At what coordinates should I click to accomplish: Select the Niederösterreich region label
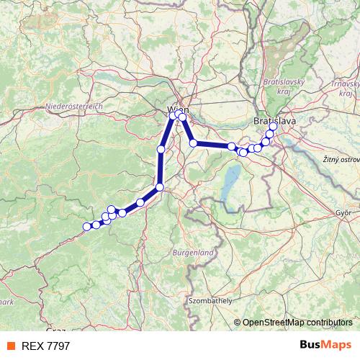(75, 106)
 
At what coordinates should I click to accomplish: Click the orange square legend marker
(12, 346)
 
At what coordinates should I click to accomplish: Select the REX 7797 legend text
(46, 346)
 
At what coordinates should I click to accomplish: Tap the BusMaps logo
(325, 345)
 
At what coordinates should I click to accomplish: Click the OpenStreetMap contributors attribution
(297, 322)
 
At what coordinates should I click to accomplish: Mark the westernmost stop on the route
(87, 227)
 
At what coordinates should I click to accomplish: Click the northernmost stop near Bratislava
(273, 127)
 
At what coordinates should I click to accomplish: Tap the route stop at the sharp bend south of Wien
(160, 187)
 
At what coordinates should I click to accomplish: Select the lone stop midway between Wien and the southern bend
(161, 149)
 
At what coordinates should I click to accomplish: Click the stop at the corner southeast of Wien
(193, 143)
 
